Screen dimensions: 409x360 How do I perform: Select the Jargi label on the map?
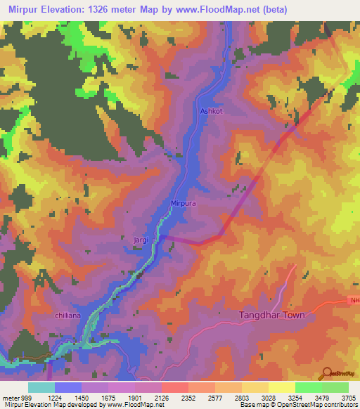pyautogui.click(x=141, y=240)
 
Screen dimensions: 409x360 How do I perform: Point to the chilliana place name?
pyautogui.click(x=70, y=317)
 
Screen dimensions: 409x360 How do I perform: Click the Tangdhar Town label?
pyautogui.click(x=272, y=316)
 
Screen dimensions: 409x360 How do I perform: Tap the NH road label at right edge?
pyautogui.click(x=354, y=301)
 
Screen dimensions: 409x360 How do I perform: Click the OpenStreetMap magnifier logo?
pyautogui.click(x=326, y=372)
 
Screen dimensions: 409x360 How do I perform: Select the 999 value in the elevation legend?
pyautogui.click(x=27, y=398)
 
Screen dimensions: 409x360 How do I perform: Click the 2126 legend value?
pyautogui.click(x=161, y=398)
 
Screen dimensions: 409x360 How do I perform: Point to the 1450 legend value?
pyautogui.click(x=81, y=398)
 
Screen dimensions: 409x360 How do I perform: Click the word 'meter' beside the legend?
pyautogui.click(x=10, y=398)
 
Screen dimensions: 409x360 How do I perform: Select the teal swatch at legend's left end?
pyautogui.click(x=41, y=387)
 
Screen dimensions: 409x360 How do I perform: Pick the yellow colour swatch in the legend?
pyautogui.click(x=281, y=387)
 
